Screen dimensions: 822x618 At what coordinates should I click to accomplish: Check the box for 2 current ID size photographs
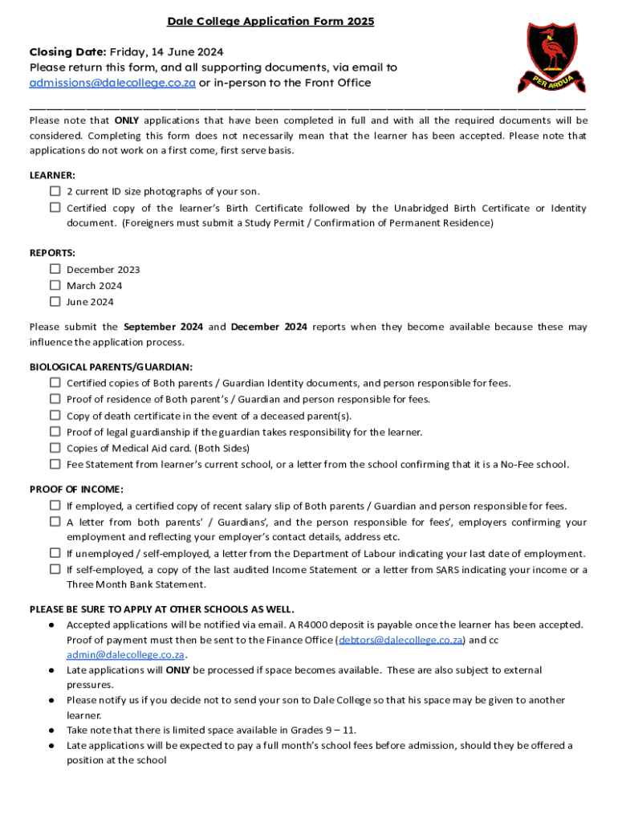point(55,191)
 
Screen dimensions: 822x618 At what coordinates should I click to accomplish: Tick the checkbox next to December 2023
point(55,269)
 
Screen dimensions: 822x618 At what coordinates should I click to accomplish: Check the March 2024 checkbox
point(55,285)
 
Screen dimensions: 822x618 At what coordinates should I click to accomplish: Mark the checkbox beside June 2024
point(55,302)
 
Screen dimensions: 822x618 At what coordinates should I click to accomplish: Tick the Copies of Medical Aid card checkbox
point(55,448)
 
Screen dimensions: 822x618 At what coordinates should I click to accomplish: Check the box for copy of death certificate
point(55,415)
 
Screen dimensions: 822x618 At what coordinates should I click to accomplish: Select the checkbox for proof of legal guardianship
point(55,432)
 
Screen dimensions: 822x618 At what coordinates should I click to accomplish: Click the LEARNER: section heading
point(52,174)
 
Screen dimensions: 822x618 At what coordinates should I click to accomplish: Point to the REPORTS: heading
point(52,252)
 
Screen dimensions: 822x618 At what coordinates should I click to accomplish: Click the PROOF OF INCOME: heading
point(76,489)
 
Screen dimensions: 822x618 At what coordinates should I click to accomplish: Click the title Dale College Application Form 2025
point(270,22)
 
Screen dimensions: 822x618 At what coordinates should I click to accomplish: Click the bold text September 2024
point(163,327)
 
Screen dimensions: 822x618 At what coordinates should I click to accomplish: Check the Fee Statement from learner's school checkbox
point(55,464)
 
